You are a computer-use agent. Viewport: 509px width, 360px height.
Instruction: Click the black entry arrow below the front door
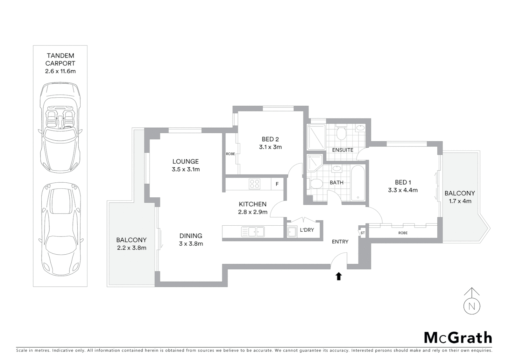[x=338, y=276]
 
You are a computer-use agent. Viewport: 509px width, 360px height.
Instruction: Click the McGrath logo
[x=458, y=338]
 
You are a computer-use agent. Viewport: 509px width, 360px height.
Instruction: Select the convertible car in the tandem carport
[x=60, y=128]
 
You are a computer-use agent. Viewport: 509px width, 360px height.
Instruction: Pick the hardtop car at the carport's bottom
[x=60, y=230]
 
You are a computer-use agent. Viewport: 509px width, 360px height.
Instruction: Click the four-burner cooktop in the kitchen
[x=255, y=184]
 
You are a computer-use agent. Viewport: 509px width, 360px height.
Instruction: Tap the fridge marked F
[x=277, y=184]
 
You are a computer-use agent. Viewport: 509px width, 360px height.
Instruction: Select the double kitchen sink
[x=253, y=232]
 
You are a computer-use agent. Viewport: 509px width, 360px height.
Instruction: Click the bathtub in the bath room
[x=358, y=183]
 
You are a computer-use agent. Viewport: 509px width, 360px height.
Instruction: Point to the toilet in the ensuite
[x=341, y=133]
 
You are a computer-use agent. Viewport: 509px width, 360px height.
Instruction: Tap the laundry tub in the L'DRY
[x=292, y=232]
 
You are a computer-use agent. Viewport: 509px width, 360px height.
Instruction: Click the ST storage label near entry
[x=362, y=233]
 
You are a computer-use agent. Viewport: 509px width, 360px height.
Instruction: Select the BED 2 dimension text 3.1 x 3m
[x=270, y=147]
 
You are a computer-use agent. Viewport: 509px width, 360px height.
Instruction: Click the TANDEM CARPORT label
[x=60, y=59]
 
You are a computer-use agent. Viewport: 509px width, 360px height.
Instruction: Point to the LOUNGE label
[x=186, y=161]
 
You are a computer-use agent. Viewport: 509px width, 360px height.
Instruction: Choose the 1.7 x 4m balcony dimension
[x=459, y=201]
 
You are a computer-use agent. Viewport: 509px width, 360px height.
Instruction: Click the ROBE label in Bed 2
[x=230, y=154]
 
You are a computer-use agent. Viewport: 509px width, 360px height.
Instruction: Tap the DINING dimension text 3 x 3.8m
[x=191, y=244]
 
